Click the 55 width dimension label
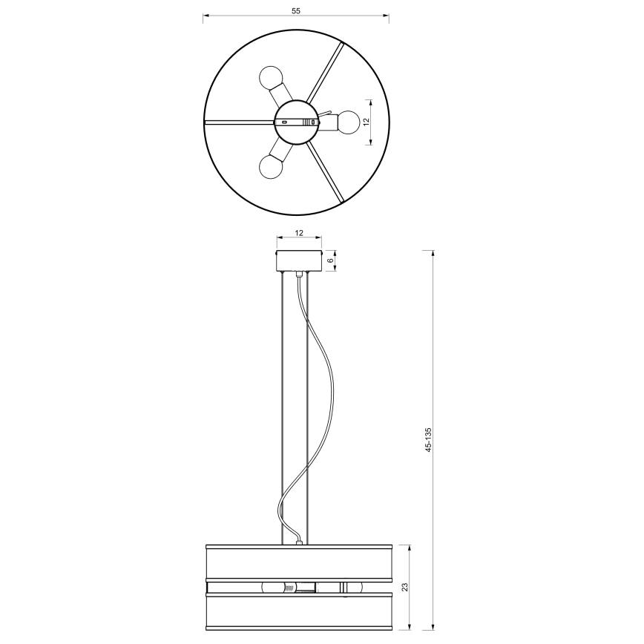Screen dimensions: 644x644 [296, 10]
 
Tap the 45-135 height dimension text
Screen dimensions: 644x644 [428, 441]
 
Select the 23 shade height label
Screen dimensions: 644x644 [404, 586]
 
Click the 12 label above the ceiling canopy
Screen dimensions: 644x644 [299, 233]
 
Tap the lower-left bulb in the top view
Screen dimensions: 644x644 [270, 167]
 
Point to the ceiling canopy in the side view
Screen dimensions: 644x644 [299, 261]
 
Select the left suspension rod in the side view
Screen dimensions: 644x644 [283, 408]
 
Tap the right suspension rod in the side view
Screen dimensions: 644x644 [307, 408]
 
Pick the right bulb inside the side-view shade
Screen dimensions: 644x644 [352, 588]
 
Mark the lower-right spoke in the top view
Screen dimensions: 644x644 [326, 171]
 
